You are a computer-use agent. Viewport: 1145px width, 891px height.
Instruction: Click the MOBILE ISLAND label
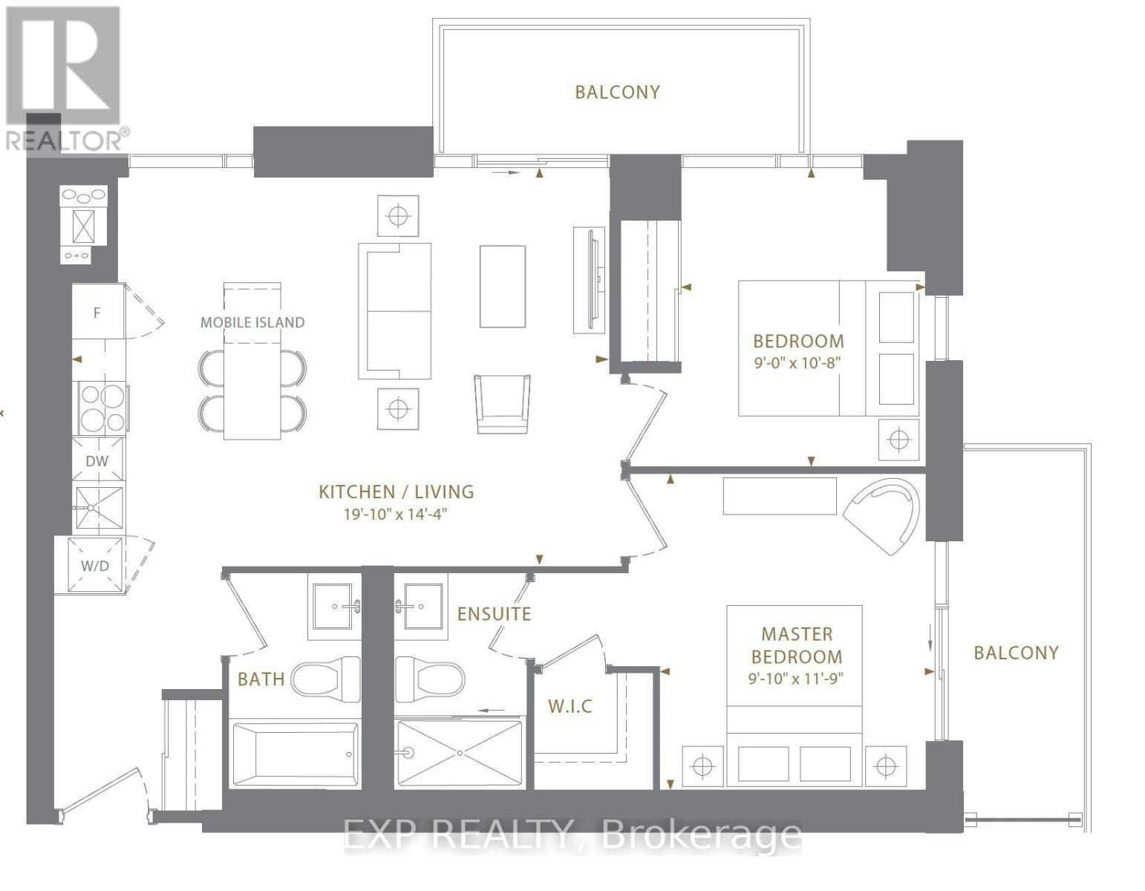click(252, 322)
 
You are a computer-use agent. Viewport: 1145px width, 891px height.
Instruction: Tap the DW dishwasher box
click(97, 460)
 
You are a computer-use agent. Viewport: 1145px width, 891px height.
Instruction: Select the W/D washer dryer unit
click(95, 566)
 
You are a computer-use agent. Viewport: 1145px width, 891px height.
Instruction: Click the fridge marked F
click(98, 312)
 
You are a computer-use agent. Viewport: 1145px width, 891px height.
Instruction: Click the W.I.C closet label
click(570, 706)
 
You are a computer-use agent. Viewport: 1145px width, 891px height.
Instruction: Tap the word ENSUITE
click(494, 614)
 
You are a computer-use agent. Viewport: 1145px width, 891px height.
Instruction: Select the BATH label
click(261, 679)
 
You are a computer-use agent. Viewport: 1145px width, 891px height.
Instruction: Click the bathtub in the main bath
click(295, 754)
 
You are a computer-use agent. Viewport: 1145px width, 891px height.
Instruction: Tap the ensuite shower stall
click(460, 754)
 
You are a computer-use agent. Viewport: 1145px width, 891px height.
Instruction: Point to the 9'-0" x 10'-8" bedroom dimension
click(796, 363)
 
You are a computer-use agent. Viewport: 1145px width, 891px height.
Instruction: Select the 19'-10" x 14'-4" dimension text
click(395, 515)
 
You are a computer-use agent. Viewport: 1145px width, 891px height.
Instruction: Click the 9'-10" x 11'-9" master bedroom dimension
click(796, 678)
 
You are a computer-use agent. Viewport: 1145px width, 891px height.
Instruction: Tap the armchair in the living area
click(502, 404)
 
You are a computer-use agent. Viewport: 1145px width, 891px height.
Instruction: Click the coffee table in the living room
click(502, 287)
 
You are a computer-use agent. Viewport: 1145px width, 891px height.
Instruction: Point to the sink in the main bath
click(333, 607)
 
